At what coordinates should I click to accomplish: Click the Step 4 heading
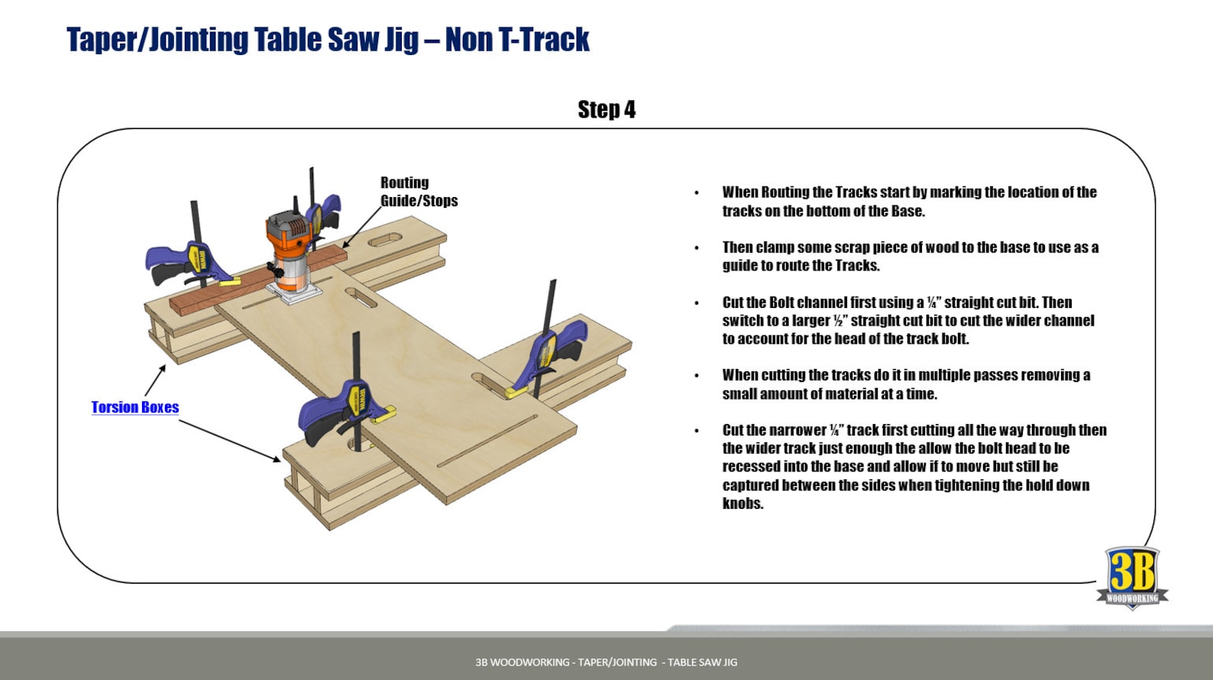606,110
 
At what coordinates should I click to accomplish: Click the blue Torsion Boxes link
134,407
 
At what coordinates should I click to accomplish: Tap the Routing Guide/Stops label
419,192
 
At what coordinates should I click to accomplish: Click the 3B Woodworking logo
1132,578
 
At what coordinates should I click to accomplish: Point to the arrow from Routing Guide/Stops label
362,227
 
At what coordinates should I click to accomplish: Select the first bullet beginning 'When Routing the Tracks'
909,202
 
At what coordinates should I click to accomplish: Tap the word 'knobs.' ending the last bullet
742,504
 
